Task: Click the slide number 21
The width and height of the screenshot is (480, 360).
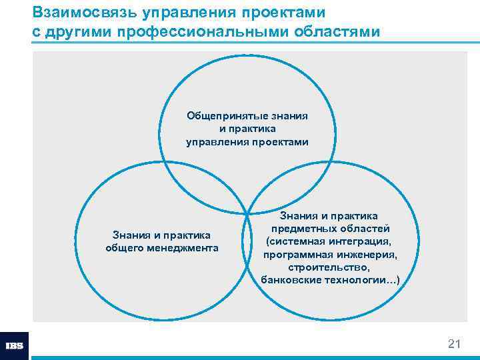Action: pyautogui.click(x=454, y=344)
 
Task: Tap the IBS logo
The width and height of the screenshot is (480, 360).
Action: pyautogui.click(x=14, y=346)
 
